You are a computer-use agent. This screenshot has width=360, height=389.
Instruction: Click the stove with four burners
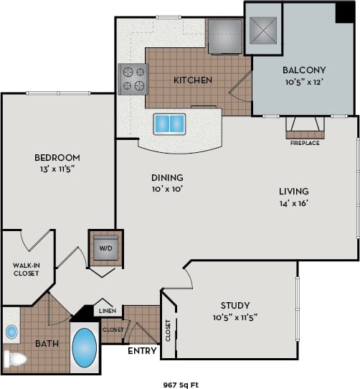click(x=133, y=79)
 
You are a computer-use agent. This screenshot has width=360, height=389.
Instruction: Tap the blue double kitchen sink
click(x=169, y=123)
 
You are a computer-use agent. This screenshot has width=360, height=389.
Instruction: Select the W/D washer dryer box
click(x=105, y=248)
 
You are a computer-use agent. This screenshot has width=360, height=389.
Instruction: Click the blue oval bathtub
click(x=85, y=347)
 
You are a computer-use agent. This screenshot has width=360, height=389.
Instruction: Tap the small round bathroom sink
click(x=11, y=332)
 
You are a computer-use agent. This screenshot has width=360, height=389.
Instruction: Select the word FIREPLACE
click(x=305, y=143)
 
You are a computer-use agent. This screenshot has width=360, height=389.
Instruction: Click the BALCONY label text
click(x=304, y=70)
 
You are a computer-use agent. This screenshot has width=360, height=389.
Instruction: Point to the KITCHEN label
click(x=193, y=80)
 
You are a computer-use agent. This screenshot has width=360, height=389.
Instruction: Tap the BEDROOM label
click(x=57, y=157)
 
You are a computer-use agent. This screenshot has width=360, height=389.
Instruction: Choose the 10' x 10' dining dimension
click(x=166, y=189)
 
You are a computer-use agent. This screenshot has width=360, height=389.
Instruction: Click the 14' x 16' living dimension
click(x=293, y=203)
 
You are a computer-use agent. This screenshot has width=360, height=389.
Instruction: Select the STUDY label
click(x=235, y=304)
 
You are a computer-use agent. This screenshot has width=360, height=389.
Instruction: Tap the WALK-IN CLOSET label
click(x=26, y=270)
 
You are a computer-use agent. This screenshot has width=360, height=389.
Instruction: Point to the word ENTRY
click(x=143, y=352)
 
